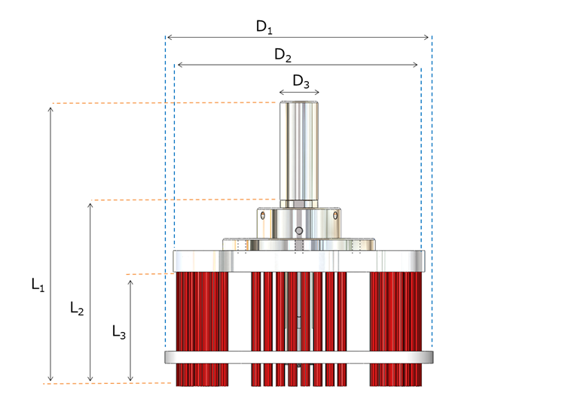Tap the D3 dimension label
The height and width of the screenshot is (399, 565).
(301, 81)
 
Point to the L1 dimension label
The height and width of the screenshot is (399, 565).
(38, 285)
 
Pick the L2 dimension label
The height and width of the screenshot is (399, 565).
(77, 307)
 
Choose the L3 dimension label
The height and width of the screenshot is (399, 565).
(118, 331)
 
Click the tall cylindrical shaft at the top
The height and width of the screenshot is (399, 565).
(300, 151)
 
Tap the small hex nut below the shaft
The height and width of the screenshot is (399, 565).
(300, 204)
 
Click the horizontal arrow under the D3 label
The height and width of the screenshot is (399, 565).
(300, 94)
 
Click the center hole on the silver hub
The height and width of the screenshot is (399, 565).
(299, 230)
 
